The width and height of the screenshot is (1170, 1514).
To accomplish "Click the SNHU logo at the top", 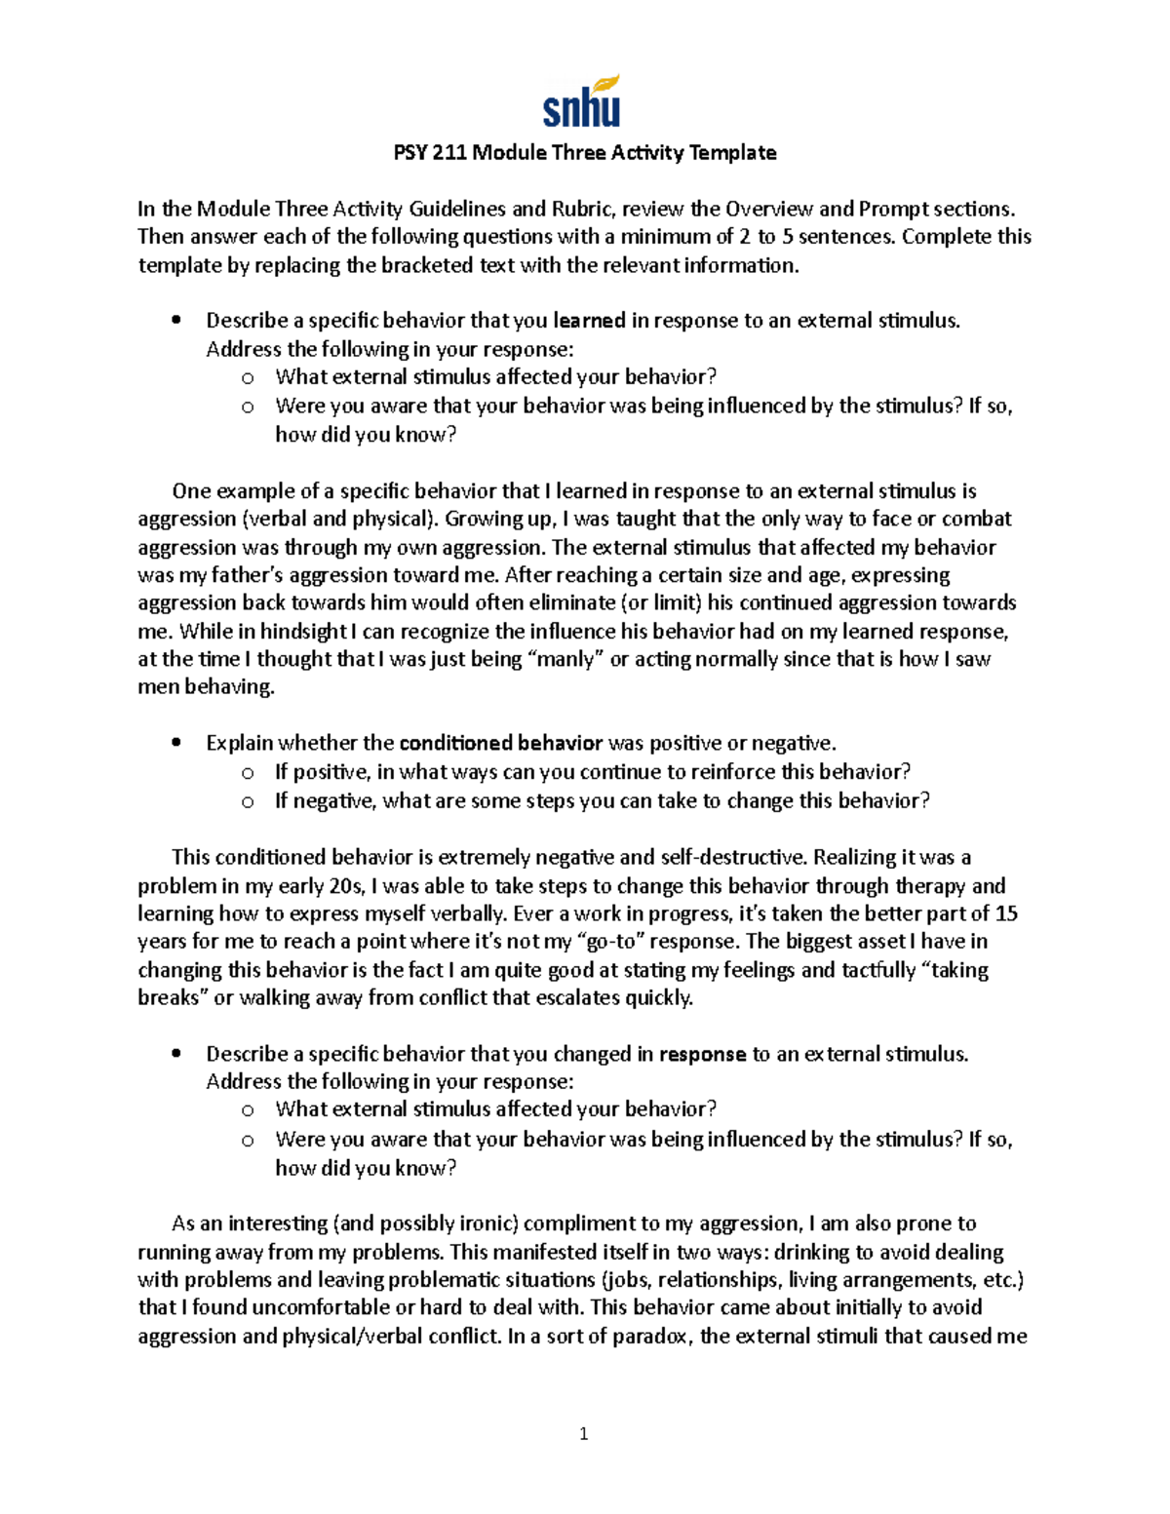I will coord(582,102).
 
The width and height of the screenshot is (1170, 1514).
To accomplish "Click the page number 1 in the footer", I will coord(584,1433).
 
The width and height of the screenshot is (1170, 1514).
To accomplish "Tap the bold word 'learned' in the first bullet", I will coord(590,321).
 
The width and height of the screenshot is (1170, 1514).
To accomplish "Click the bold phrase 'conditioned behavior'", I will coord(501,744).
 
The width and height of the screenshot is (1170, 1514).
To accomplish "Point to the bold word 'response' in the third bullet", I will coord(702,1055).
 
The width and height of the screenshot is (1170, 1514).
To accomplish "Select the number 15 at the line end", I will coord(1006,914).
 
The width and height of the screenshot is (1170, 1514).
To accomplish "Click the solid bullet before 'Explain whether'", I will coord(175,744).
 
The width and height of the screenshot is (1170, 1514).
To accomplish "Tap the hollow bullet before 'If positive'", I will coord(248,773).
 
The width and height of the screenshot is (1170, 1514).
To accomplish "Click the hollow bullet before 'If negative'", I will coord(248,801).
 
